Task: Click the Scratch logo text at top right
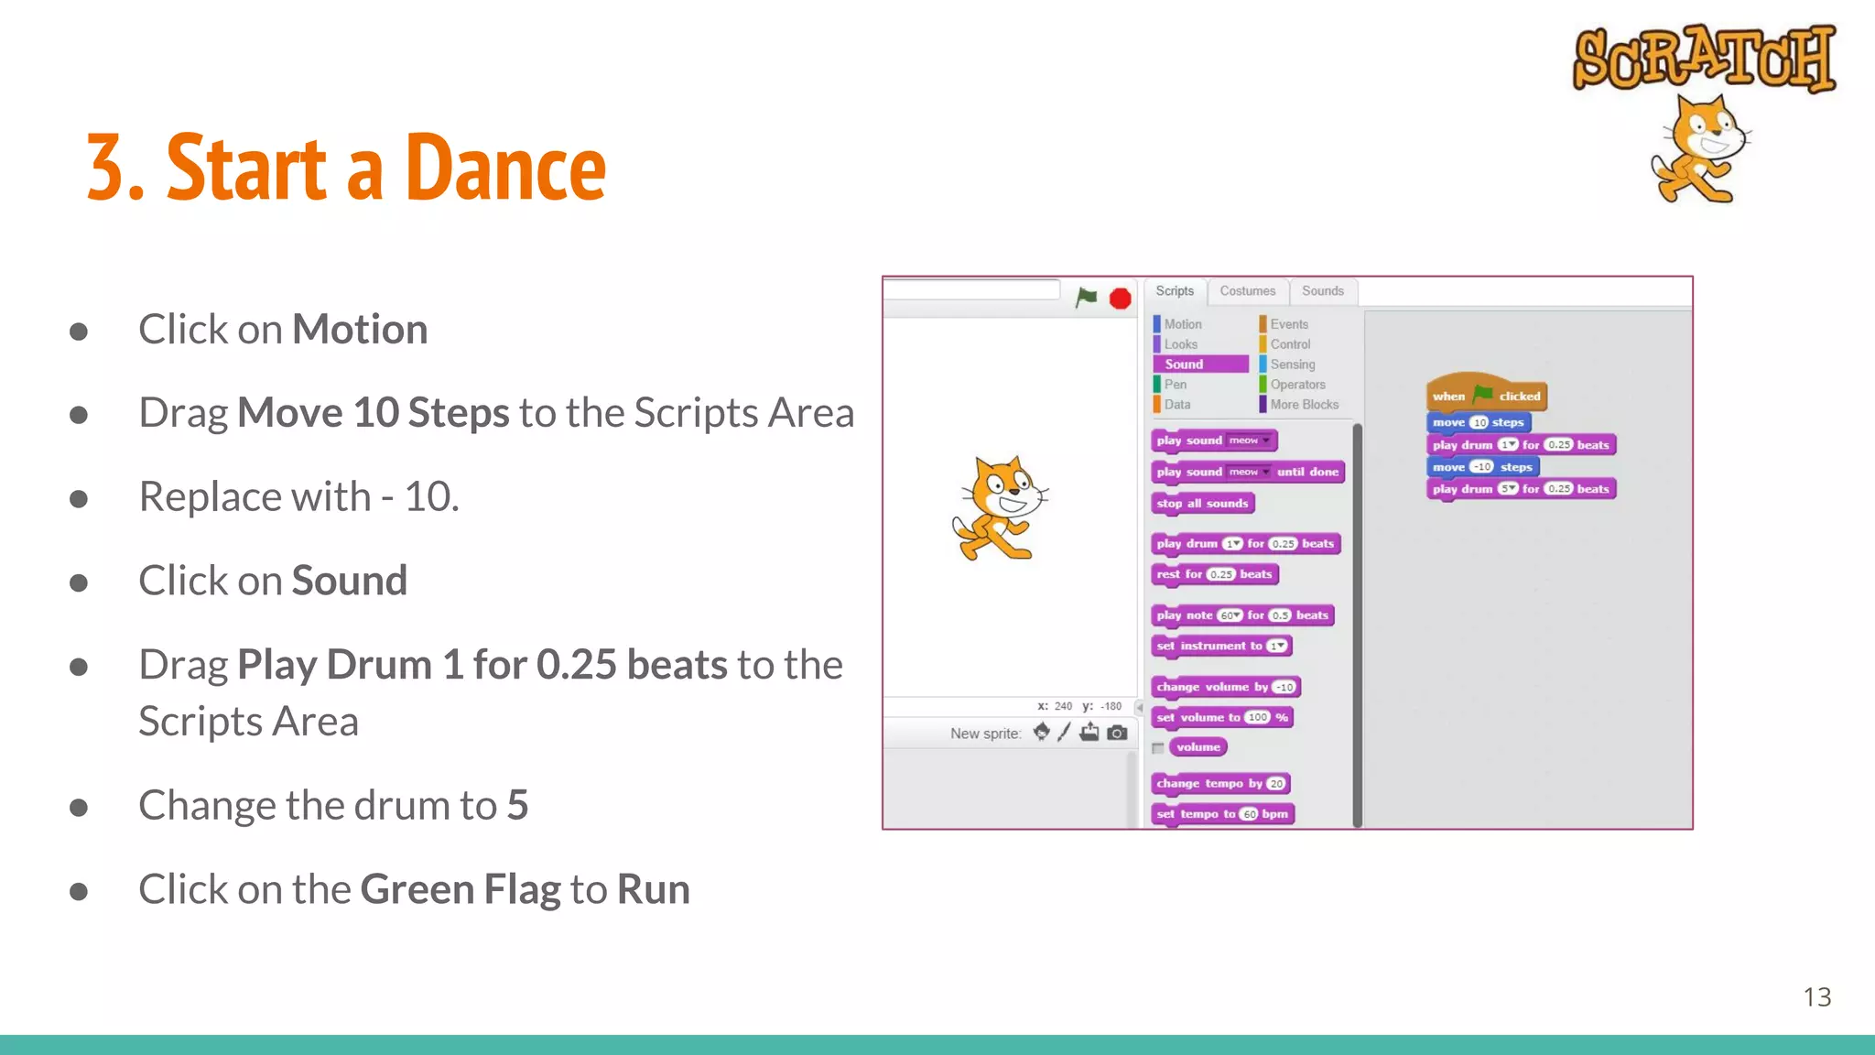pyautogui.click(x=1704, y=58)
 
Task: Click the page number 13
pyautogui.click(x=1816, y=996)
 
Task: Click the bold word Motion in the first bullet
pyautogui.click(x=360, y=330)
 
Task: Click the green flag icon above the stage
pyautogui.click(x=1086, y=298)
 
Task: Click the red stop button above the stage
pyautogui.click(x=1120, y=299)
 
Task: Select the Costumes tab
pyautogui.click(x=1247, y=291)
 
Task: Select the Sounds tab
pyautogui.click(x=1322, y=291)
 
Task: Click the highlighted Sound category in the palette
pyautogui.click(x=1199, y=364)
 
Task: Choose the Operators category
pyautogui.click(x=1296, y=385)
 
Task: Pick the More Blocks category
pyautogui.click(x=1303, y=405)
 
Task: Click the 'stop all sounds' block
pyautogui.click(x=1201, y=504)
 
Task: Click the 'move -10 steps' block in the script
pyautogui.click(x=1481, y=467)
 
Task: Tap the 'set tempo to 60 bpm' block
pyautogui.click(x=1221, y=814)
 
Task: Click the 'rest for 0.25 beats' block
pyautogui.click(x=1213, y=574)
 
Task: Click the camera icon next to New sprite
pyautogui.click(x=1117, y=733)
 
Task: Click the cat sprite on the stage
pyautogui.click(x=999, y=508)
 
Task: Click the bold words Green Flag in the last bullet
pyautogui.click(x=460, y=889)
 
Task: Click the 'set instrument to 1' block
pyautogui.click(x=1220, y=647)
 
